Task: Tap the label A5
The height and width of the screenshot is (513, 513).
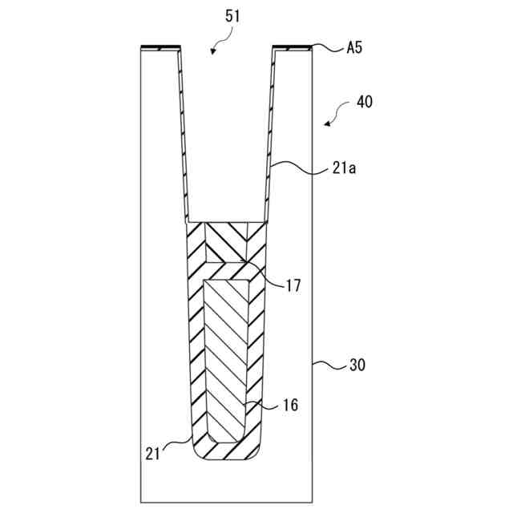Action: pos(354,48)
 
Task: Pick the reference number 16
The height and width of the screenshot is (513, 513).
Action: pos(290,406)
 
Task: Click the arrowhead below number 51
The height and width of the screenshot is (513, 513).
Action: pos(213,51)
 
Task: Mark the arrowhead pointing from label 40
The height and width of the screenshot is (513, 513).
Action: pos(327,123)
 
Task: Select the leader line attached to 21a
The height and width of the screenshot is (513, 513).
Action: pos(297,167)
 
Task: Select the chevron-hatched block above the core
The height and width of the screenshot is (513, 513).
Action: pos(227,240)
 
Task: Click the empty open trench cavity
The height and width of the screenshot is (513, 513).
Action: pos(227,144)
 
